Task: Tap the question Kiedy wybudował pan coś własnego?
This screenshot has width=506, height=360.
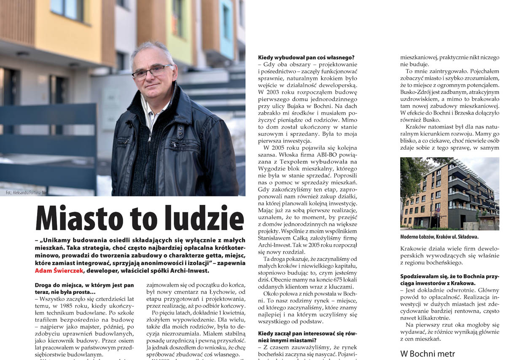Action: click(x=306, y=57)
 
